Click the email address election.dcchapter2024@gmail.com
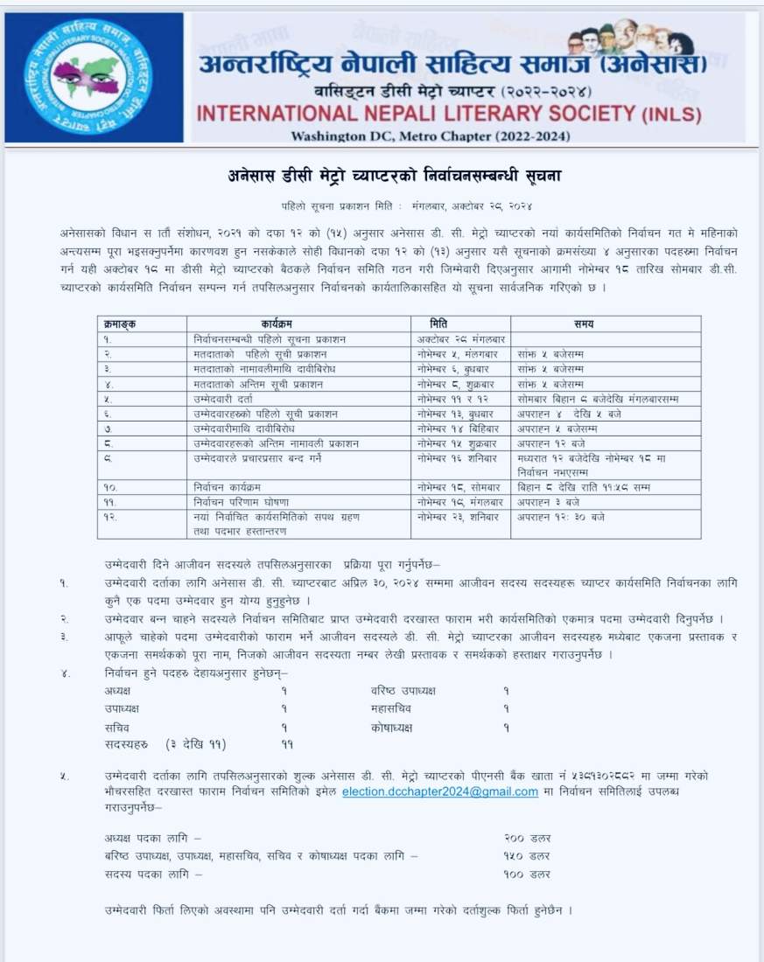pyautogui.click(x=439, y=791)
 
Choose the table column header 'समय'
pyautogui.click(x=585, y=324)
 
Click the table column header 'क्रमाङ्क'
pyautogui.click(x=120, y=324)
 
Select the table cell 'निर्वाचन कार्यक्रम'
pyautogui.click(x=228, y=487)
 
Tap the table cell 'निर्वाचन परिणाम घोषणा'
pyautogui.click(x=236, y=502)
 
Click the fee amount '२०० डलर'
pyautogui.click(x=527, y=838)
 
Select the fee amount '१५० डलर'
pyautogui.click(x=527, y=855)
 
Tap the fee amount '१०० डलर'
pyautogui.click(x=527, y=873)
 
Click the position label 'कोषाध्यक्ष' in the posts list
pyautogui.click(x=391, y=727)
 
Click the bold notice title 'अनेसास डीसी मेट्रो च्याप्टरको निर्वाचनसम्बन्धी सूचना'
pyautogui.click(x=389, y=176)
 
